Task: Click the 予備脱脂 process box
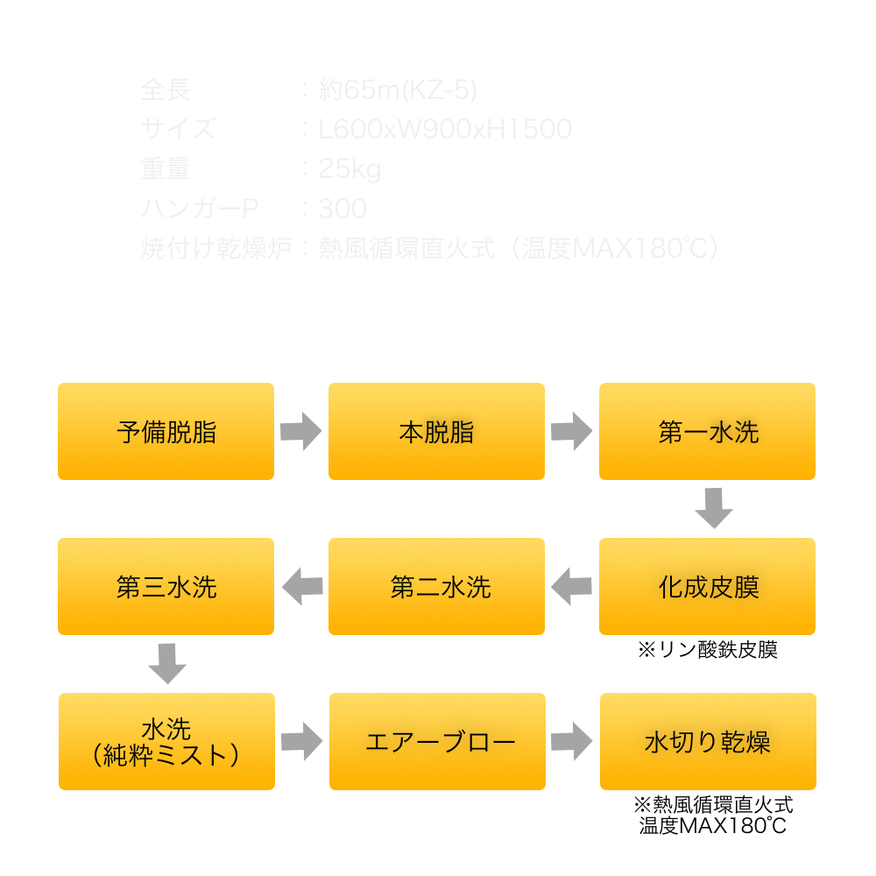click(166, 432)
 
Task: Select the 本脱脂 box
click(436, 432)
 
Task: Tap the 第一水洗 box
click(707, 432)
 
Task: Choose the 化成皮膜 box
click(707, 587)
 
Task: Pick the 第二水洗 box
click(436, 587)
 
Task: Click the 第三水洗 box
click(166, 587)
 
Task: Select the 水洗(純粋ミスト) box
click(166, 741)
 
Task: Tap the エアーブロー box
click(437, 741)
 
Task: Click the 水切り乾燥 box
click(708, 741)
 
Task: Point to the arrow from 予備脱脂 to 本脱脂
click(301, 432)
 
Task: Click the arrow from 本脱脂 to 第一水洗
click(572, 432)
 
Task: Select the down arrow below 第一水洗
click(713, 508)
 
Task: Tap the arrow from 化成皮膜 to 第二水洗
click(571, 586)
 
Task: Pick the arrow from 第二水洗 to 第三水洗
click(301, 586)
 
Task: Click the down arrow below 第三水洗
click(167, 663)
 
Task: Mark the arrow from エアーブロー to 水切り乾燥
click(572, 741)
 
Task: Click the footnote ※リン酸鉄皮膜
click(707, 650)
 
